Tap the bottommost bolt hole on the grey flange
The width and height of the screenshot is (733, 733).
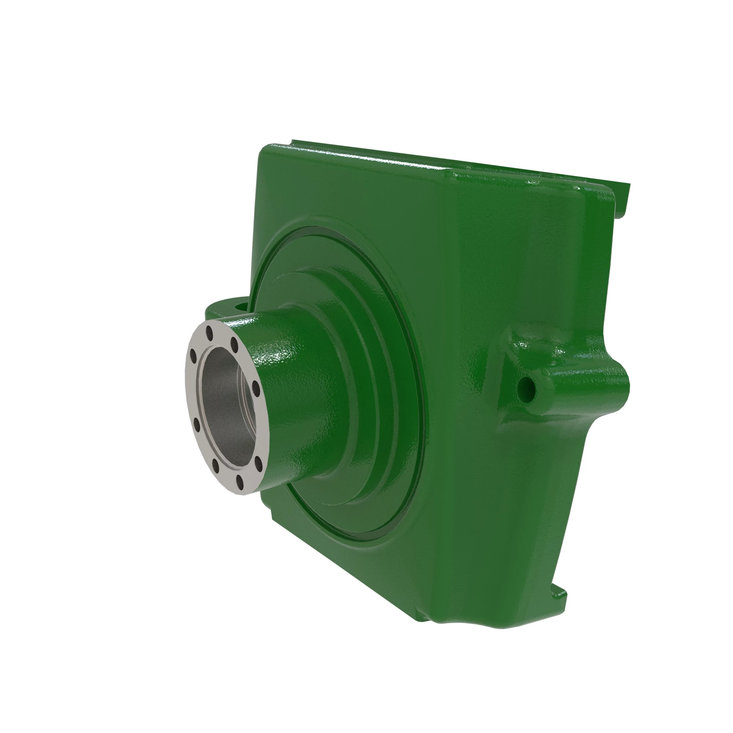pos(240,483)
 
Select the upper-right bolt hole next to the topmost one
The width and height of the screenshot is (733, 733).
pos(235,345)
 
